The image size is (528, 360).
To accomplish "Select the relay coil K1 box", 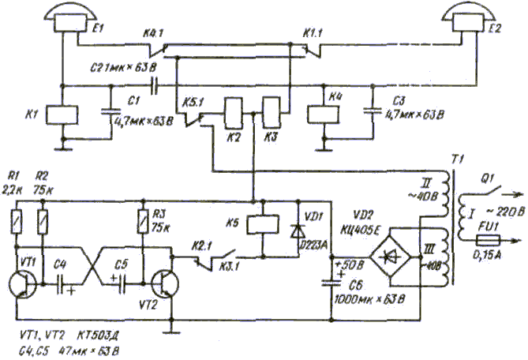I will click(x=62, y=114).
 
